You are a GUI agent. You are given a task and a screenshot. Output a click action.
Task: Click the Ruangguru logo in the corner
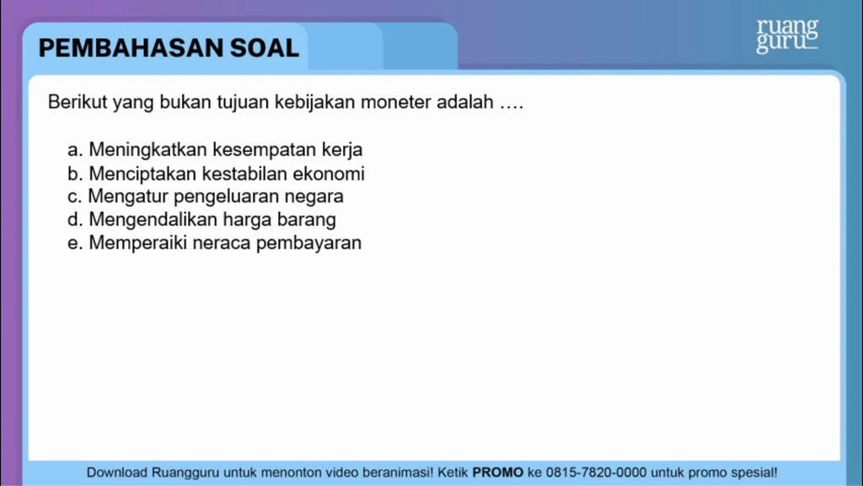(x=787, y=35)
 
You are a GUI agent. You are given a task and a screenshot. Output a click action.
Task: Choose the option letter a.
(x=74, y=151)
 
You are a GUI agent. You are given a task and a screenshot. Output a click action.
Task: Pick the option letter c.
(x=74, y=197)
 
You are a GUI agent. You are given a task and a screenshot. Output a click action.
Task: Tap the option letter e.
(x=74, y=244)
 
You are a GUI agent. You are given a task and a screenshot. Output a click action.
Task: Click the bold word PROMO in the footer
(x=498, y=472)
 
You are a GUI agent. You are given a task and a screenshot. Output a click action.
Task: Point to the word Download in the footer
(x=117, y=472)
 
